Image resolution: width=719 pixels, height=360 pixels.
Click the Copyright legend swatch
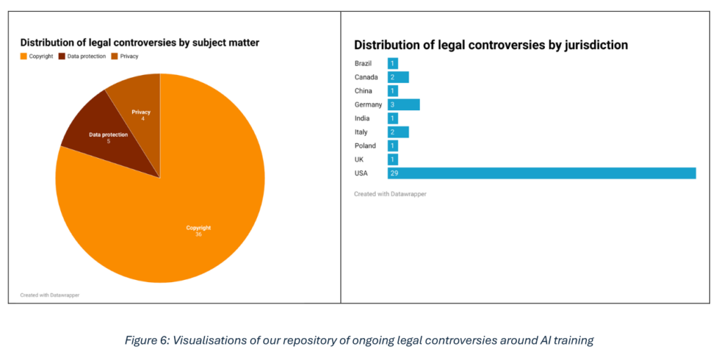click(23, 56)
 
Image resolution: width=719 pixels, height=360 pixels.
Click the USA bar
click(541, 173)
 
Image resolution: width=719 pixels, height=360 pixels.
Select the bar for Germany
click(404, 105)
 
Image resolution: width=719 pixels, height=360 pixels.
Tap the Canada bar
click(398, 77)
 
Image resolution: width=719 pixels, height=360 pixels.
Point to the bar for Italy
click(398, 132)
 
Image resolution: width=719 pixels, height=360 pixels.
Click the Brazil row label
click(363, 64)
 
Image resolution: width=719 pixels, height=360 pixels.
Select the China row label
click(363, 91)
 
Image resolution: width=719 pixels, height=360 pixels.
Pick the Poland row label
click(365, 146)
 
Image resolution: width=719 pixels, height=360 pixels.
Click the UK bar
click(393, 159)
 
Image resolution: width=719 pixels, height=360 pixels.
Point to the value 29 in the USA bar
click(394, 173)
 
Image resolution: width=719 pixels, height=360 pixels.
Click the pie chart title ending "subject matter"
click(140, 43)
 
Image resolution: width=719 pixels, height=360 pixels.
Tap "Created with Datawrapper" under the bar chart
click(390, 194)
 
